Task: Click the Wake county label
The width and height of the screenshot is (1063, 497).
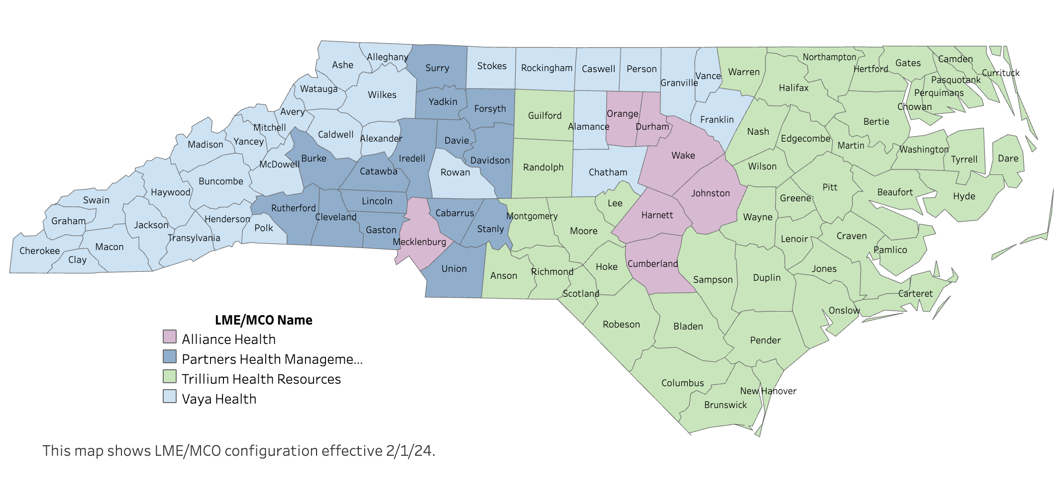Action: point(683,156)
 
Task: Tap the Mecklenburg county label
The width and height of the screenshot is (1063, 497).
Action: point(419,242)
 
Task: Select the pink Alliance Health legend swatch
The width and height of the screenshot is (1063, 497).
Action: point(170,336)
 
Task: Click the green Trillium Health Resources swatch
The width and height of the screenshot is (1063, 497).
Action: point(170,376)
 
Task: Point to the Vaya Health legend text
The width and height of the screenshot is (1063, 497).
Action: point(219,399)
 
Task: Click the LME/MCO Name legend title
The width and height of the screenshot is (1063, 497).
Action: point(263,320)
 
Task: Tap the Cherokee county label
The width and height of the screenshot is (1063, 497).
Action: point(39,251)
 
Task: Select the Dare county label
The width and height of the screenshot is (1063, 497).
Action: point(1008,159)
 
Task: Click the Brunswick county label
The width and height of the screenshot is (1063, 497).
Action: point(725,405)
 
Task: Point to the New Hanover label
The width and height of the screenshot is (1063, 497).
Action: point(768,391)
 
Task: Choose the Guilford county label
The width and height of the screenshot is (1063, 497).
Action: point(544,116)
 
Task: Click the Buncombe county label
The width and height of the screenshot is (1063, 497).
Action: point(220,181)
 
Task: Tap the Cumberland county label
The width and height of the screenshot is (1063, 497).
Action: point(652,264)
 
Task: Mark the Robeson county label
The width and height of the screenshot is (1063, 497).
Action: point(621,325)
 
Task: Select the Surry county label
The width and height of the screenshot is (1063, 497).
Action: point(437,68)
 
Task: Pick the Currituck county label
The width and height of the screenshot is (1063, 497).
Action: point(1000,73)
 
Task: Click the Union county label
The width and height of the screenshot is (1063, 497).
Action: point(454,269)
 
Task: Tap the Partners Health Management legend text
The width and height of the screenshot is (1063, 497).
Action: point(272,359)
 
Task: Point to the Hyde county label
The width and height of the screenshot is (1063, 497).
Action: point(963,196)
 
